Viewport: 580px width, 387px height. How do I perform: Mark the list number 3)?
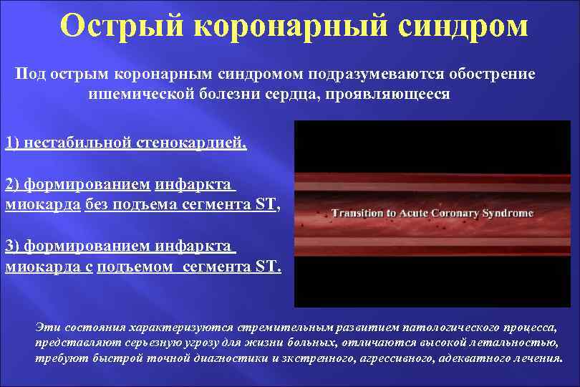[x=13, y=247]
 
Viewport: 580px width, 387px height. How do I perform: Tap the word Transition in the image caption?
[x=357, y=213]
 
